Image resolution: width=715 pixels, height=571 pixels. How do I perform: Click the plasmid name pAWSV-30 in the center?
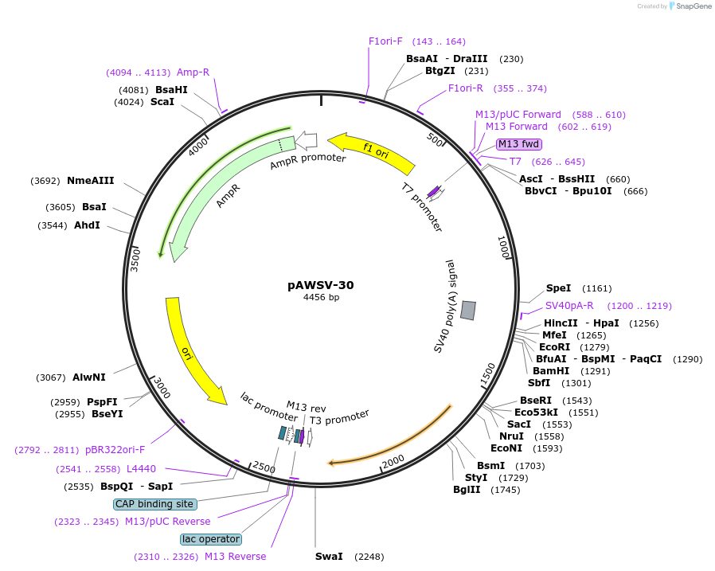(321, 284)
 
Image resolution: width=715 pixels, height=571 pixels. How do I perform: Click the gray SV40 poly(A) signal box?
(468, 311)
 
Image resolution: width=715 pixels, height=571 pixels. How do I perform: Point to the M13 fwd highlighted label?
(519, 144)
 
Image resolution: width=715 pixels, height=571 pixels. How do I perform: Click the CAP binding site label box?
(155, 503)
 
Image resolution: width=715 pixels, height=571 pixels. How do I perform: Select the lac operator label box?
(211, 539)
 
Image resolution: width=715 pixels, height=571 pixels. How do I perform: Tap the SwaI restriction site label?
(329, 556)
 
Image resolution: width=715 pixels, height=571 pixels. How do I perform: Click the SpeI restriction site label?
(558, 287)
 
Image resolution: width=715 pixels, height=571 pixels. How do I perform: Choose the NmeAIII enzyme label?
(91, 181)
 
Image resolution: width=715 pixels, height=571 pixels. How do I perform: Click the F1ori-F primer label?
(385, 41)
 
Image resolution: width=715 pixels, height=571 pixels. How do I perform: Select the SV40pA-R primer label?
(569, 305)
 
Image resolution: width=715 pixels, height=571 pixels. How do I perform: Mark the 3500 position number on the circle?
(135, 259)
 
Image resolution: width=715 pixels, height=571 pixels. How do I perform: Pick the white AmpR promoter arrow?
(306, 141)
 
